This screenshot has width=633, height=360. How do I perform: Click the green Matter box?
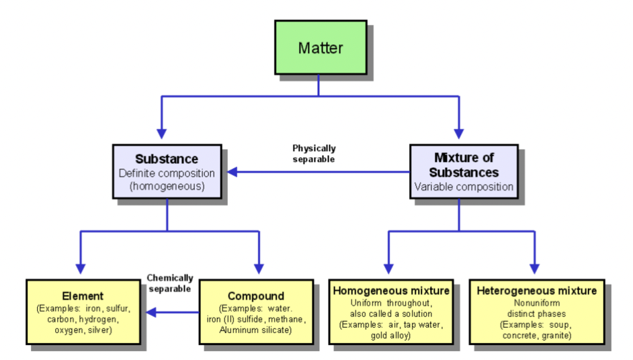[320, 48]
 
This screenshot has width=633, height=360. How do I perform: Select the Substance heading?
[167, 159]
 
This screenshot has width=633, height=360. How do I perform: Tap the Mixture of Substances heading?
[464, 165]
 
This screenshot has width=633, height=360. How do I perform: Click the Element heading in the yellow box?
[83, 296]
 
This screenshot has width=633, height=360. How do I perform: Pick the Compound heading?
[255, 296]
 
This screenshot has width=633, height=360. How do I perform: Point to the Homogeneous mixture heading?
[391, 291]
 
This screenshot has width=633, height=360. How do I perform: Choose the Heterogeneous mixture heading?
[536, 291]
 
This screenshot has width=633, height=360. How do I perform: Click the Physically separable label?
[314, 154]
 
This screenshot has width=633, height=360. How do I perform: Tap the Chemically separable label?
[170, 283]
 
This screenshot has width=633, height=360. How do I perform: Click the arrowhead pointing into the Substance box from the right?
[232, 173]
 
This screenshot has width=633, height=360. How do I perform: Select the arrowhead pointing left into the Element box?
[151, 312]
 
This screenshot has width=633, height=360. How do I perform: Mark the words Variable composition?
[464, 187]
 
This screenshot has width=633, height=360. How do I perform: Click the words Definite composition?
[167, 173]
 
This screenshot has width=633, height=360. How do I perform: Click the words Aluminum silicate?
[255, 329]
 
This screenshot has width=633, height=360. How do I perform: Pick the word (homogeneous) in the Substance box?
[167, 186]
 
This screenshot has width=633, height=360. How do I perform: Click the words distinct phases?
[536, 313]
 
